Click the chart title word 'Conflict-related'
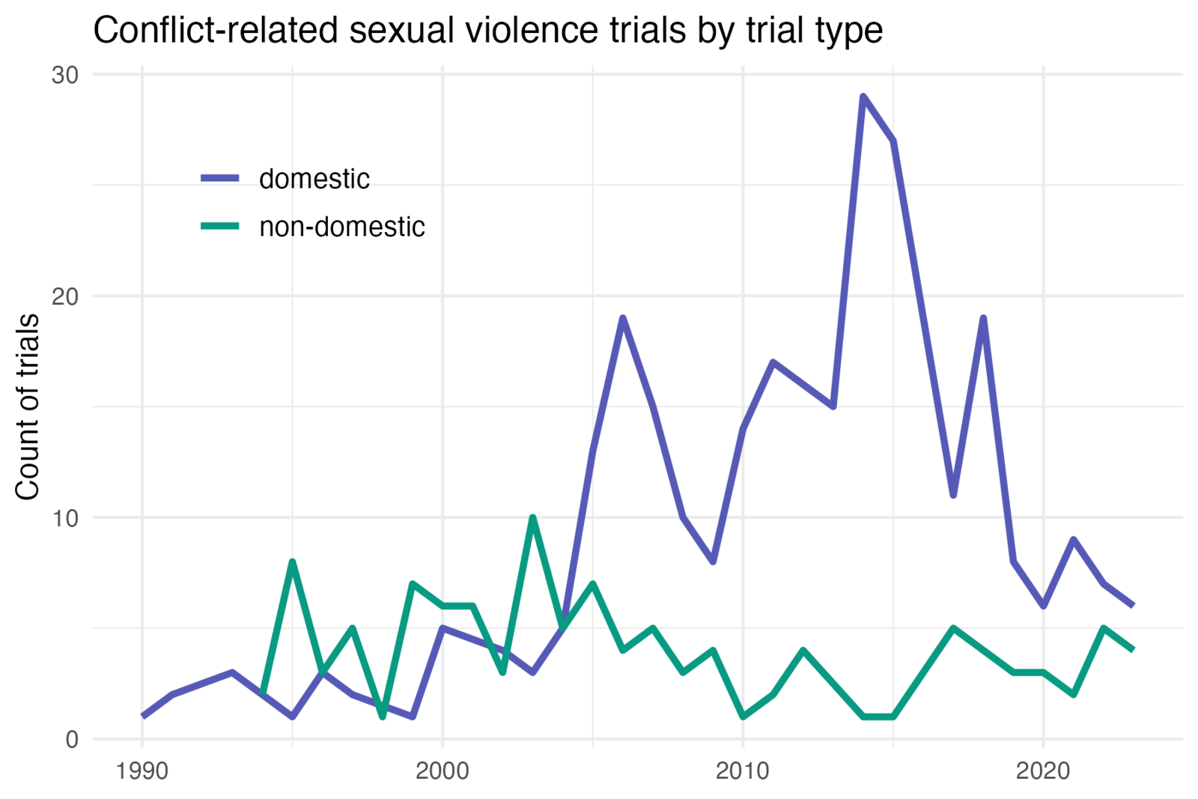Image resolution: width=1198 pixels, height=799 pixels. (x=216, y=30)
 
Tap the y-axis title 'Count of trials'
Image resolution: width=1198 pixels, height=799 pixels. (x=27, y=407)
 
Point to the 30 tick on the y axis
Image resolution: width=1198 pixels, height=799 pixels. (x=65, y=76)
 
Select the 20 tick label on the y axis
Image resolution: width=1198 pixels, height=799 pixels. (x=65, y=297)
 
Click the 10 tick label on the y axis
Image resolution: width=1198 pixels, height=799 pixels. (x=65, y=518)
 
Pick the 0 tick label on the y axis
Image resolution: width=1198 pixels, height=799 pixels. (x=72, y=740)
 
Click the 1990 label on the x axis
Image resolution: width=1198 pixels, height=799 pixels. (x=142, y=771)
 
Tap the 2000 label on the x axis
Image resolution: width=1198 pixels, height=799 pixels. (x=443, y=771)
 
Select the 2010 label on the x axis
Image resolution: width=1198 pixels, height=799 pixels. (x=742, y=771)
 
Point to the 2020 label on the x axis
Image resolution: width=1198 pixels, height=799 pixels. (x=1043, y=771)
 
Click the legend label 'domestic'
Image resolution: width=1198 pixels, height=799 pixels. (x=314, y=179)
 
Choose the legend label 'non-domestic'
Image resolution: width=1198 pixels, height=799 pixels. (x=342, y=227)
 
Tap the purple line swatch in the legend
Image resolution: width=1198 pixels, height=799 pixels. (x=220, y=178)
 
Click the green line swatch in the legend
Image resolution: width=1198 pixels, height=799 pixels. (x=220, y=226)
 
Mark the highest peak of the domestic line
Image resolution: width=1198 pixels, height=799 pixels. (x=863, y=97)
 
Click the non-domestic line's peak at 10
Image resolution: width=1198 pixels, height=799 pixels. (x=532, y=517)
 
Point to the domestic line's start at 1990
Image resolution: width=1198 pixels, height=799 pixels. (x=142, y=717)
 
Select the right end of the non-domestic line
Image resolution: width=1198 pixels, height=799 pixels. (x=1133, y=650)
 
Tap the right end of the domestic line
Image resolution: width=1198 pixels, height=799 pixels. (x=1133, y=606)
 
